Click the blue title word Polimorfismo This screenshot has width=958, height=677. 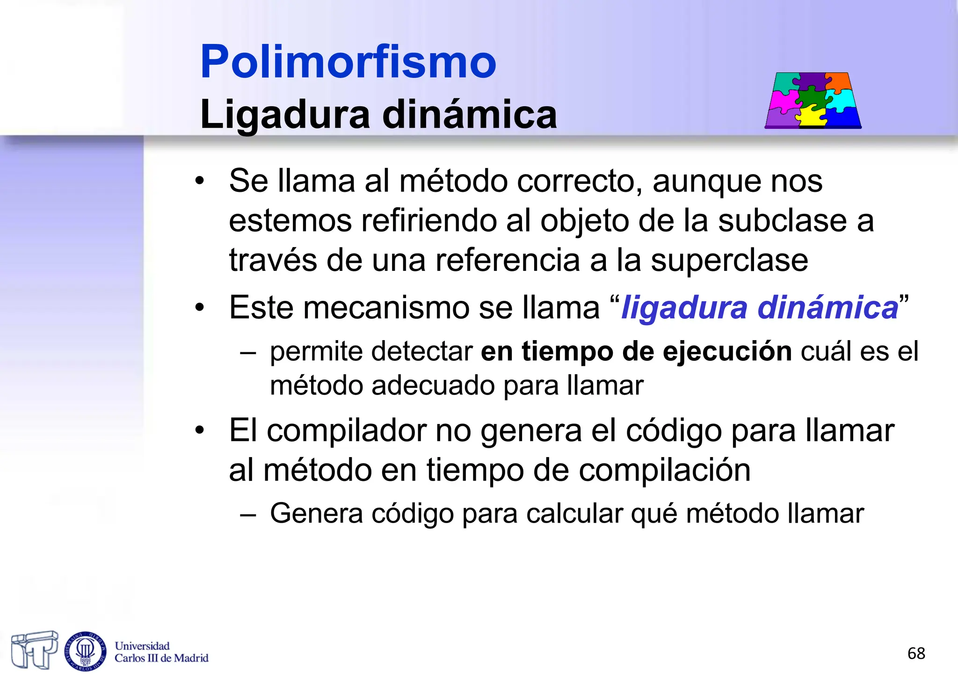pos(348,62)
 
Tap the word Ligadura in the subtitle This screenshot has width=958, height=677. pos(285,115)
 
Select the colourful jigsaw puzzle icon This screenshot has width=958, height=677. pos(813,100)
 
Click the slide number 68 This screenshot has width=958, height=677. pos(916,653)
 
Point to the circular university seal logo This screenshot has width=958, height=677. pos(85,651)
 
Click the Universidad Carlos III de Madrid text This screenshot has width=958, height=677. pos(161,652)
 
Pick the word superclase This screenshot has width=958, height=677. pos(729,260)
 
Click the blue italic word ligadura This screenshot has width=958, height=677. pos(684,308)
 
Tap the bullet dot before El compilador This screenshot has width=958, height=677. pos(200,430)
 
